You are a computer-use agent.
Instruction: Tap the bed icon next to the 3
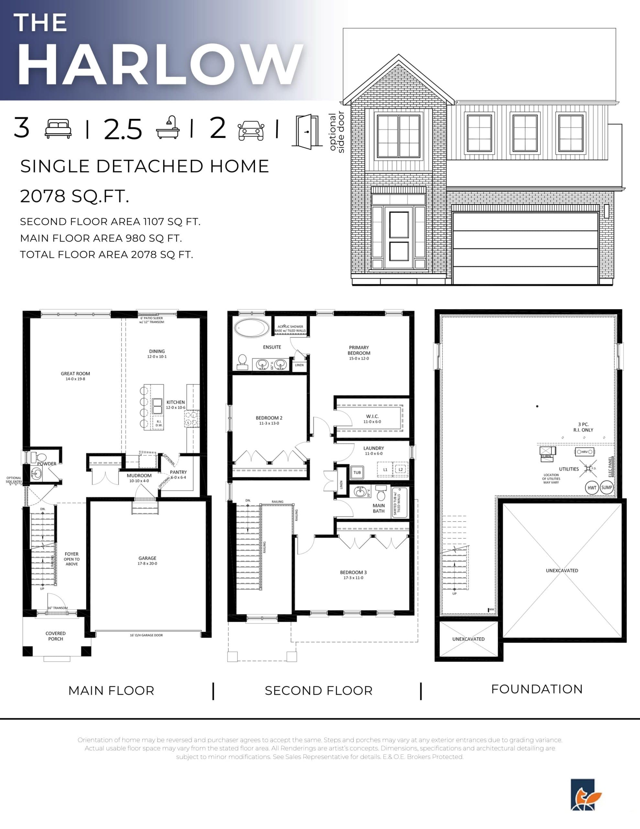[58, 129]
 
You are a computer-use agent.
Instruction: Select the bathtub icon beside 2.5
[168, 128]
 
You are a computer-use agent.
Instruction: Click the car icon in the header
[251, 130]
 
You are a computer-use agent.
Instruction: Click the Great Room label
[75, 375]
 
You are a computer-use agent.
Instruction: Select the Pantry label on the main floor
[178, 474]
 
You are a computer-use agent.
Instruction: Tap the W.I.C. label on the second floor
[372, 418]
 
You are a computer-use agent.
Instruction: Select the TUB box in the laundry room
[357, 472]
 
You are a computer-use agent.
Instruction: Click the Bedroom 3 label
[353, 575]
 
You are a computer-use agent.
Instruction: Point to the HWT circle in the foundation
[592, 488]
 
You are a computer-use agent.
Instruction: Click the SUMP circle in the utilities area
[607, 487]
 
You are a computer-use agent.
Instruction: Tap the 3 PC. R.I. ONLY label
[583, 427]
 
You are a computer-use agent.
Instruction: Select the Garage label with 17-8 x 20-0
[147, 561]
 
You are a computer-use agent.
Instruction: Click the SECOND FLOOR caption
[318, 690]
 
